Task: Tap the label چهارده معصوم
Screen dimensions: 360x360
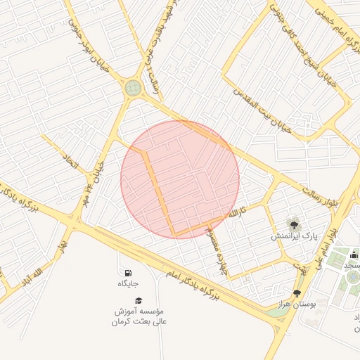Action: click(214, 252)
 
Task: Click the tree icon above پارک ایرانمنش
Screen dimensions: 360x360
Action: click(294, 224)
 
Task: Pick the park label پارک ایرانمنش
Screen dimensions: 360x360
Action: click(295, 237)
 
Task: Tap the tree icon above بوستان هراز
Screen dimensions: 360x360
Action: click(297, 293)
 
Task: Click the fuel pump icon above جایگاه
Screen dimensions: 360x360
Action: click(127, 273)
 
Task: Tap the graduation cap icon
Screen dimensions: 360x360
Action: click(138, 300)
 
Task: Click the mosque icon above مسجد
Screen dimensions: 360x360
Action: click(353, 255)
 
